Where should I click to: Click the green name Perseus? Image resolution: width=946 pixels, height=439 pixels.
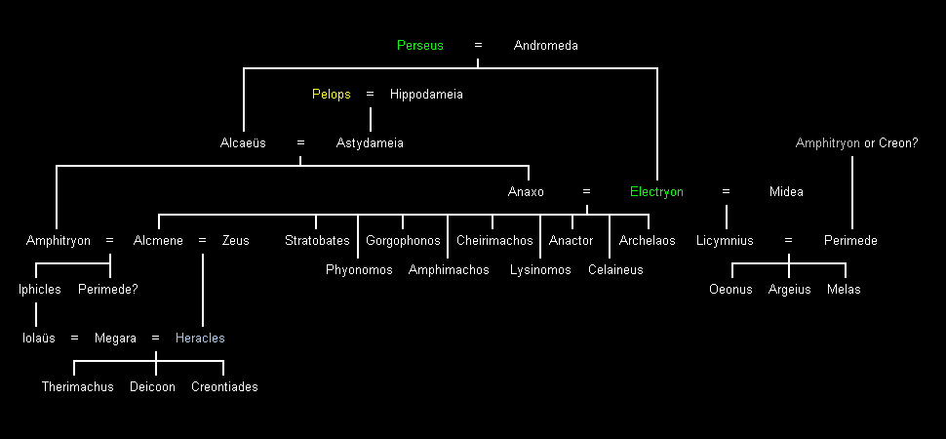419,46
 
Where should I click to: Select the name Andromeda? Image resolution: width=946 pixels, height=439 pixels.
545,46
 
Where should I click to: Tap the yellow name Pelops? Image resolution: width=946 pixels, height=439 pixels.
331,95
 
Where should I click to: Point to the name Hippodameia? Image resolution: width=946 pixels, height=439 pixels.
426,95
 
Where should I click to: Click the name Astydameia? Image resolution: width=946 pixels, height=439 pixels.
370,143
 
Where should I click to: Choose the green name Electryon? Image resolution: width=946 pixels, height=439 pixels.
656,192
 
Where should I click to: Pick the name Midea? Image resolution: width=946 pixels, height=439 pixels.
786,192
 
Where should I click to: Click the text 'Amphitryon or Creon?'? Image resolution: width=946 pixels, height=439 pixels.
856,143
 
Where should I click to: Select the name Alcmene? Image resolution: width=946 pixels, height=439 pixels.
158,241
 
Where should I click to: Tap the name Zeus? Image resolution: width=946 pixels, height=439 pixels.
235,241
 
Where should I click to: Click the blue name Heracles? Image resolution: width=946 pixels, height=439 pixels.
200,339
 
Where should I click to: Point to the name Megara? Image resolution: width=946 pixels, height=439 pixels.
115,339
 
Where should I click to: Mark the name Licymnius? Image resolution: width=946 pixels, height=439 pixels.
726,241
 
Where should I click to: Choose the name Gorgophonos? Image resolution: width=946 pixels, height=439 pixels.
403,241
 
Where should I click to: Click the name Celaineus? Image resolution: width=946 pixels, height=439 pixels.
615,270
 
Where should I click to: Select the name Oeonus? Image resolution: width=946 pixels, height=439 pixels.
730,290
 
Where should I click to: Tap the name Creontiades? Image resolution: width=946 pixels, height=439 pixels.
224,387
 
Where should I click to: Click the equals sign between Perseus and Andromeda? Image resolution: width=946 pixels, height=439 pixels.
478,46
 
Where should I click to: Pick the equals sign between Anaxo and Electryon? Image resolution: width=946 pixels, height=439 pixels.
586,192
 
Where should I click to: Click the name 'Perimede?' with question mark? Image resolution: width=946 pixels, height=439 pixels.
108,290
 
